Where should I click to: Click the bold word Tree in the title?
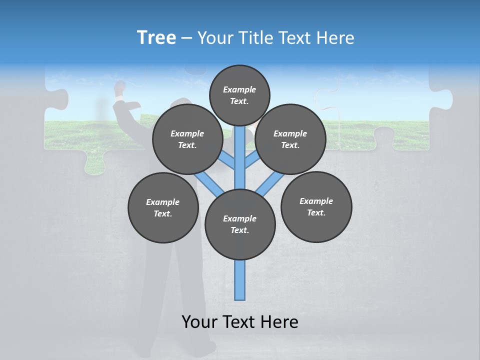[x=156, y=37]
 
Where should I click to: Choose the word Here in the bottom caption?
[x=280, y=322]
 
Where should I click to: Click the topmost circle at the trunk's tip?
[x=239, y=95]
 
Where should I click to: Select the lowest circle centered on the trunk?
[x=240, y=224]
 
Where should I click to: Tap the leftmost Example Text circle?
[x=163, y=207]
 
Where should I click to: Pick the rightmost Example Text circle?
[x=316, y=206]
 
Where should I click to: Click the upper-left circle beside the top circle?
[x=187, y=139]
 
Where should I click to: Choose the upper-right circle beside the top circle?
[x=290, y=139]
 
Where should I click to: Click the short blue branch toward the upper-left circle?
[x=227, y=161]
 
